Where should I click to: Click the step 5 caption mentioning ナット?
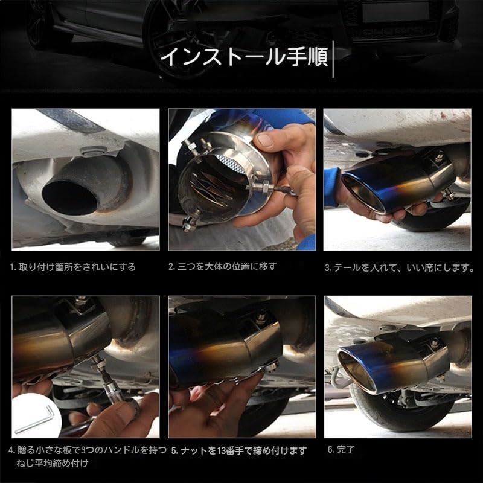(238, 450)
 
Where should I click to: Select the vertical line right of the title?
(334, 59)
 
